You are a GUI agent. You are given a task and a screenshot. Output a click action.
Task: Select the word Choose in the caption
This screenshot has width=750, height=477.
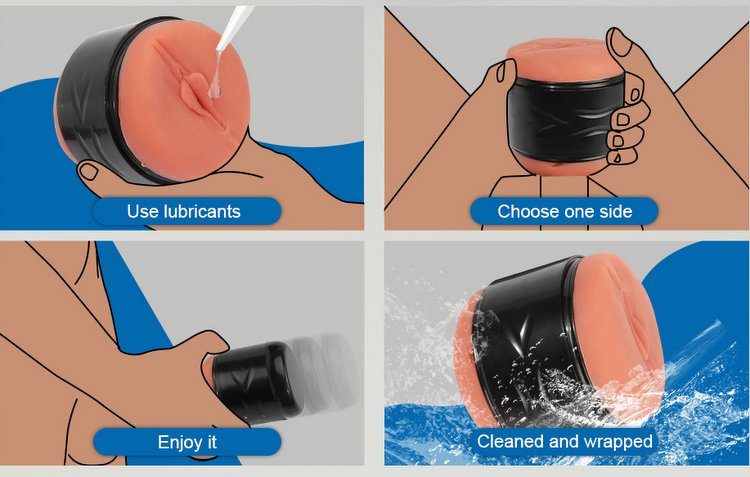[524, 211]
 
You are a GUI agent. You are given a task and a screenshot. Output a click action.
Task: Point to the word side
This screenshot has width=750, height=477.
[613, 211]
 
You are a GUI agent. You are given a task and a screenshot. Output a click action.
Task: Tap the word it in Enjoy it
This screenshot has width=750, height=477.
[211, 442]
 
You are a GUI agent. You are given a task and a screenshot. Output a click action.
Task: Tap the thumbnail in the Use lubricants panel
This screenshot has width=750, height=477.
[88, 171]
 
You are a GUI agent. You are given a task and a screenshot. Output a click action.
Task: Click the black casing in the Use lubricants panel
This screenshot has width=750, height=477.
[92, 101]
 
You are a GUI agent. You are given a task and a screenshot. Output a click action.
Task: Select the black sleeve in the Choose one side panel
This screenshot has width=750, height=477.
[565, 118]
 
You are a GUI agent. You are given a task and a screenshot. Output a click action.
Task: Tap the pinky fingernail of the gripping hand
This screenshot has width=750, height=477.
[617, 157]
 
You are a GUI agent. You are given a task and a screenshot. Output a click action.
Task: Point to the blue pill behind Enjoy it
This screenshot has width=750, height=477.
[187, 442]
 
